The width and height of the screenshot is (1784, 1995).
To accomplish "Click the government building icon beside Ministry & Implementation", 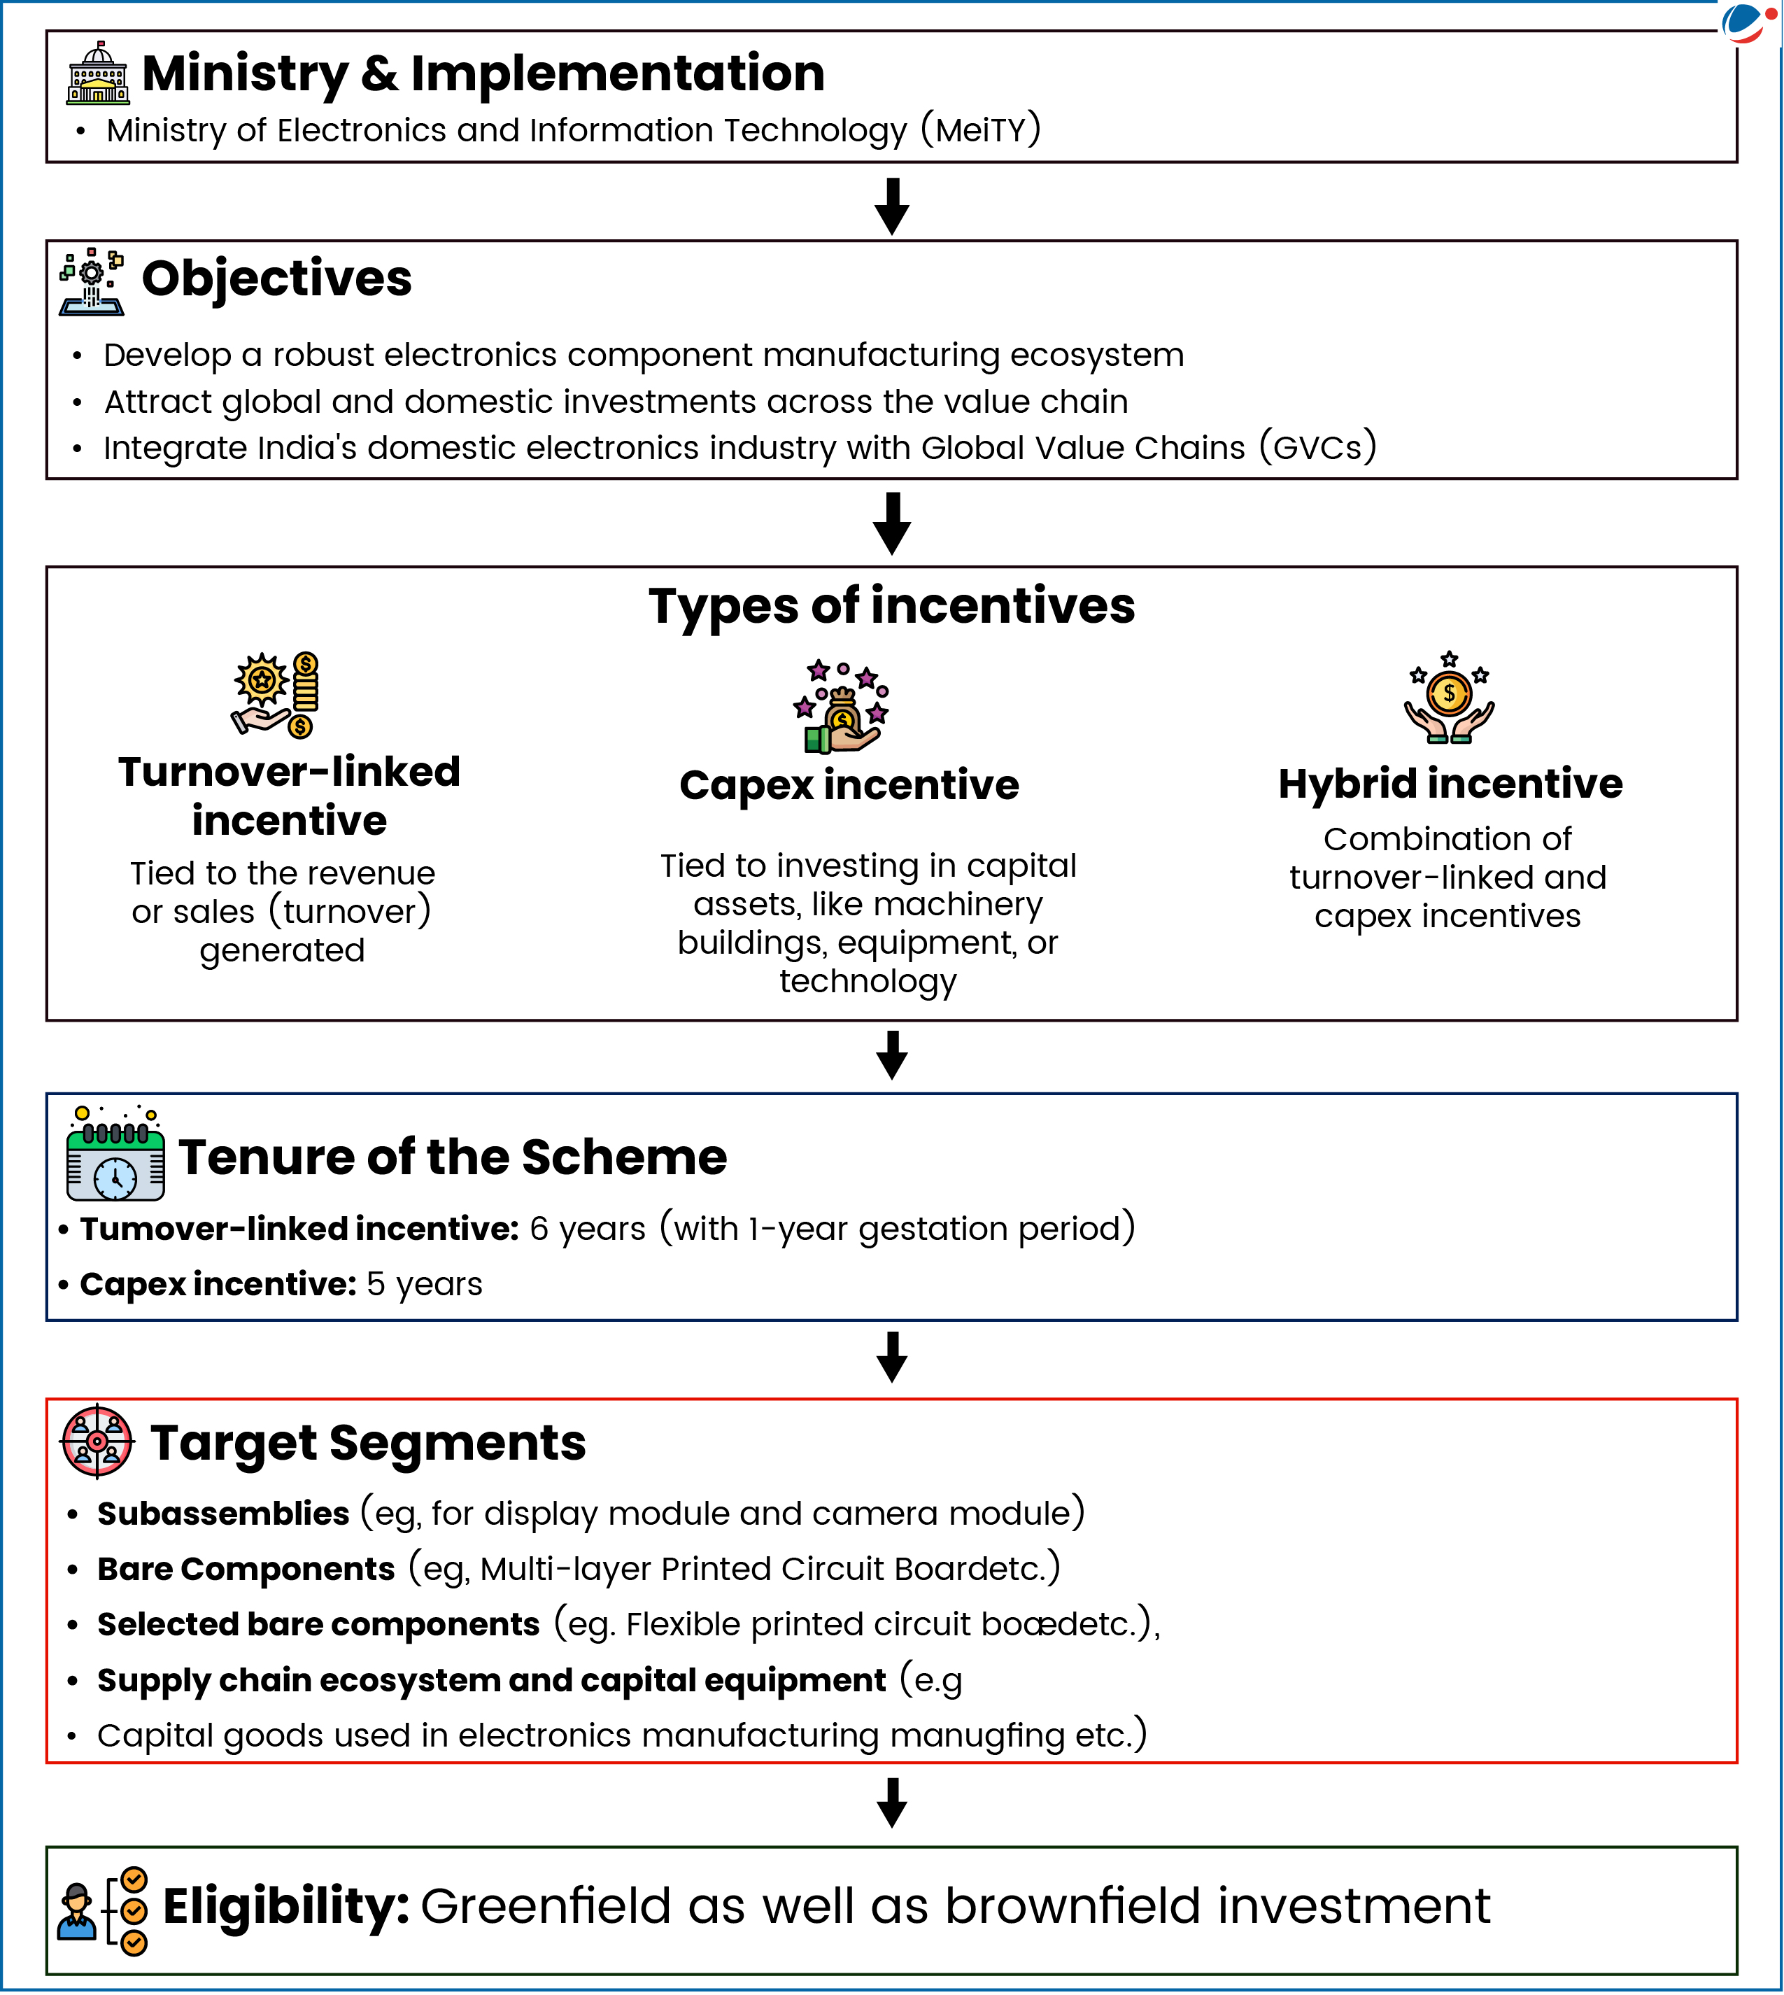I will [97, 73].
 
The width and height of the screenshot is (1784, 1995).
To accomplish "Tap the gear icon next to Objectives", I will [91, 281].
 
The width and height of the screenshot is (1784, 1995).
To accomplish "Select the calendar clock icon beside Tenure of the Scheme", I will [115, 1154].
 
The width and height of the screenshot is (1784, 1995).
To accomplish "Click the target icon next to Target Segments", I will [97, 1441].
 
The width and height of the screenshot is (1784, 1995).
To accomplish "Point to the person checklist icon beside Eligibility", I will [103, 1911].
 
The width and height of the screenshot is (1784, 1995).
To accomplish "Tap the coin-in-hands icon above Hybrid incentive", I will [1449, 698].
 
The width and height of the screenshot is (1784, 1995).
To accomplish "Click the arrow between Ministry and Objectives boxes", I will [891, 205].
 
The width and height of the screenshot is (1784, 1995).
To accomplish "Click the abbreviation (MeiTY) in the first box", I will [980, 130].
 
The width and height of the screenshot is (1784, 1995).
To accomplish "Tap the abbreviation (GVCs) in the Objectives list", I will [1317, 448].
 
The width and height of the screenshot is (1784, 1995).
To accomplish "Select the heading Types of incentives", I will [891, 606].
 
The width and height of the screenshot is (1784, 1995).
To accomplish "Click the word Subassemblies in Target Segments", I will [222, 1514].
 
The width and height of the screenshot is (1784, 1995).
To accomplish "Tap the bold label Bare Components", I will [245, 1569].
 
